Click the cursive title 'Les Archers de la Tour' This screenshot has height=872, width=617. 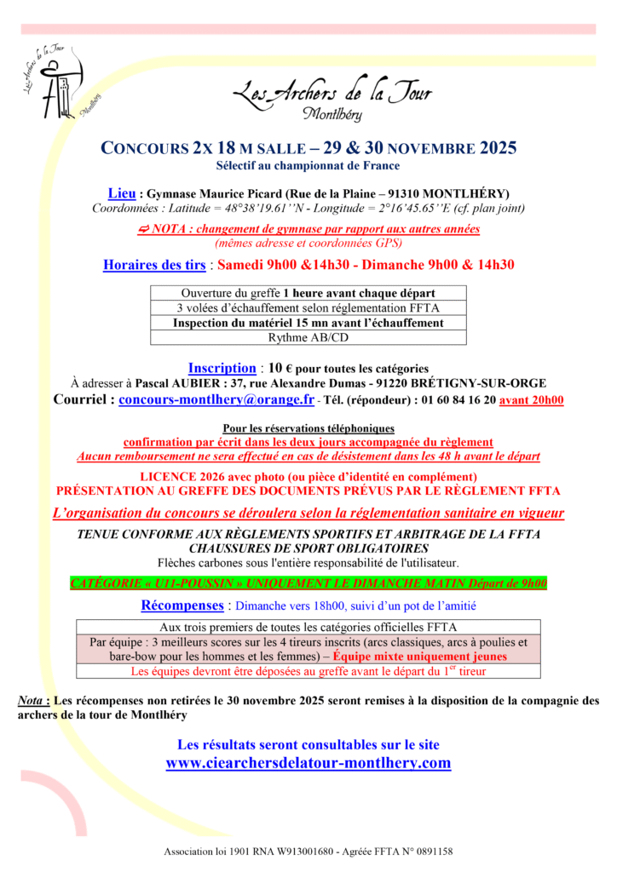[x=332, y=93]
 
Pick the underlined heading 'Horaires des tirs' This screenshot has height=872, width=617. [x=154, y=265]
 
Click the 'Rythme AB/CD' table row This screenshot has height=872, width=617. [x=308, y=338]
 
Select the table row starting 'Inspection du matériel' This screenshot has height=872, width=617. [x=308, y=323]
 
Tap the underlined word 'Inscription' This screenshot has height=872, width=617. [x=222, y=369]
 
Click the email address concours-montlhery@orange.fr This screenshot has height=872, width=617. [x=216, y=399]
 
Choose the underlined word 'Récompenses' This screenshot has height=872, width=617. [x=182, y=606]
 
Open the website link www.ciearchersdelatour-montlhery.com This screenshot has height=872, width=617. [x=308, y=763]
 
